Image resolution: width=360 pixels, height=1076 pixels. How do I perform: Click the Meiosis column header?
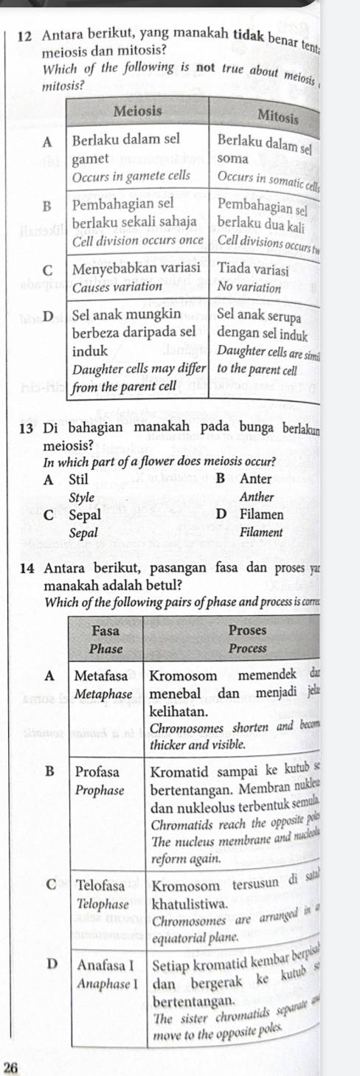pyautogui.click(x=141, y=110)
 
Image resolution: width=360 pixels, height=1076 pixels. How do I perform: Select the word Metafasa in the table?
pyautogui.click(x=102, y=674)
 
